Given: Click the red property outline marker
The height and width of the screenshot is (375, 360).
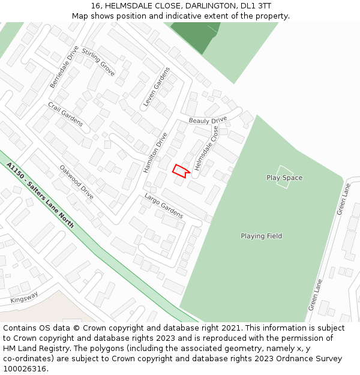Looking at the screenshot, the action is pyautogui.click(x=181, y=170).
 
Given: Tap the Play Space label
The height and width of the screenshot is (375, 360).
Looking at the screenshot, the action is pyautogui.click(x=284, y=178).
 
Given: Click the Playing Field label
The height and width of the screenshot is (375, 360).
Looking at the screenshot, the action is pyautogui.click(x=261, y=236).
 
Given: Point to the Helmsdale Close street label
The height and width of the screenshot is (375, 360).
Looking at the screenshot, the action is pyautogui.click(x=206, y=148).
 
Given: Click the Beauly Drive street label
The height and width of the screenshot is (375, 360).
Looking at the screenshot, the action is pyautogui.click(x=208, y=121).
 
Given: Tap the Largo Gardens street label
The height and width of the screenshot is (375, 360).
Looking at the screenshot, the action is pyautogui.click(x=164, y=205).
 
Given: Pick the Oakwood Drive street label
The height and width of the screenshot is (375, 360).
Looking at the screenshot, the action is pyautogui.click(x=77, y=182).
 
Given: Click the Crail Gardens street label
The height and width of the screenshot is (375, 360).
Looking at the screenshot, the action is pyautogui.click(x=65, y=114).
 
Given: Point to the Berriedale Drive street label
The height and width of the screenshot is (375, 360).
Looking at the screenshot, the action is pyautogui.click(x=64, y=67).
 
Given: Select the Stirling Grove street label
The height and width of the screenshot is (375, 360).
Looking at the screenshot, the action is pyautogui.click(x=98, y=62).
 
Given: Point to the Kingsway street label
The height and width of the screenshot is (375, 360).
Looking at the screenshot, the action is pyautogui.click(x=24, y=297).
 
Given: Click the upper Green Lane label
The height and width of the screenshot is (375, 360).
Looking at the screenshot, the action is pyautogui.click(x=343, y=199).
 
